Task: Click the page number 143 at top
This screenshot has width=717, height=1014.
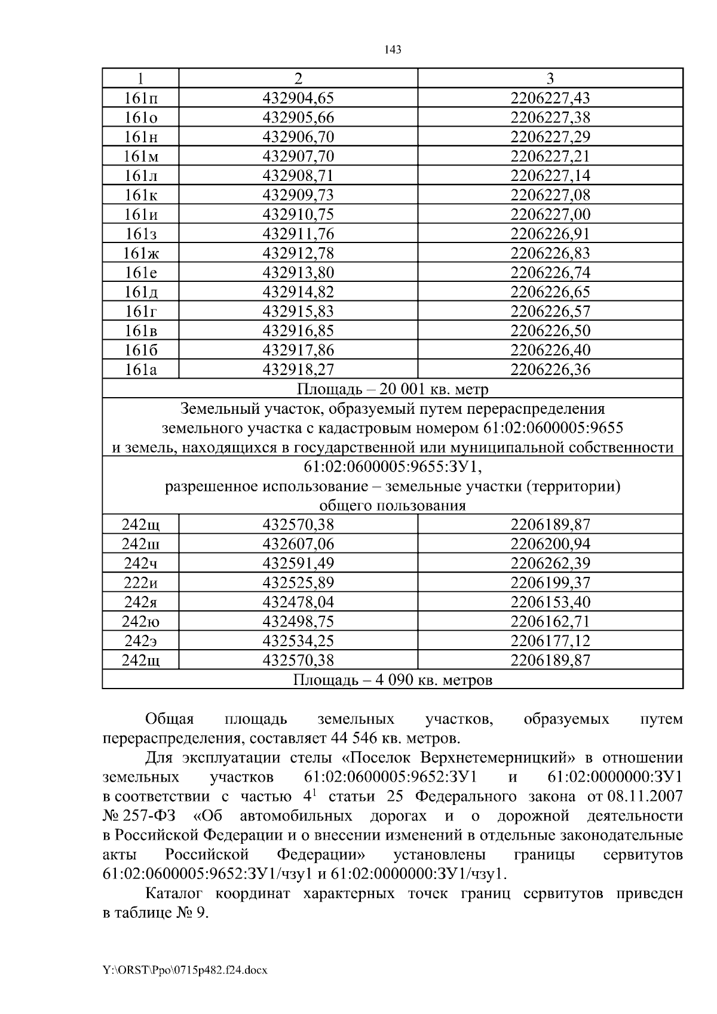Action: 393,50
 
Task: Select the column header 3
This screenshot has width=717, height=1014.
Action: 550,78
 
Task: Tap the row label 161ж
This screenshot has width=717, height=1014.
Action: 141,253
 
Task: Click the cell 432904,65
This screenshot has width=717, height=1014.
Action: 298,98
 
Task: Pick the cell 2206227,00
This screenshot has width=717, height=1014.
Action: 550,214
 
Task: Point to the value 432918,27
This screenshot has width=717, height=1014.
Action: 298,370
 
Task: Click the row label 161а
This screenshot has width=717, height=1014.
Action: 141,370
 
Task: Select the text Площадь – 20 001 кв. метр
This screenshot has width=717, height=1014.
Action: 393,389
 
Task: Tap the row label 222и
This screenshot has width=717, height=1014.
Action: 141,583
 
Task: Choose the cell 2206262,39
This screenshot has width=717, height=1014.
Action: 550,563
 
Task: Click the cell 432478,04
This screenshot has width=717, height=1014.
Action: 298,602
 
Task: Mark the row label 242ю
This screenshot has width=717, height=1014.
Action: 141,622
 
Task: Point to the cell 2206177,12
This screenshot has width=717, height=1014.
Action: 550,641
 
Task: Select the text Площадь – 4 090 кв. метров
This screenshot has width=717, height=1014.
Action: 393,680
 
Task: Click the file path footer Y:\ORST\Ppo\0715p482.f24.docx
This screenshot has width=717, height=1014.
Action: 185,970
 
